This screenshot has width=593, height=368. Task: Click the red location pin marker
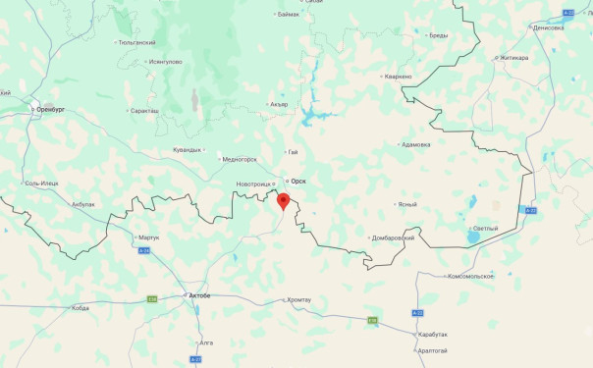coord(284,202)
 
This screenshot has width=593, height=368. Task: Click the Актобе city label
coord(197,294)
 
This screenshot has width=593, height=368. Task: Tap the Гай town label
coord(293,152)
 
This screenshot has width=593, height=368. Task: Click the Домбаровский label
coord(393,237)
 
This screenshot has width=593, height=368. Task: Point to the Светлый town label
coord(485,228)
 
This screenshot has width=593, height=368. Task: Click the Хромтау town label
coord(298,299)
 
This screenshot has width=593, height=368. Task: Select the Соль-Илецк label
coord(41,184)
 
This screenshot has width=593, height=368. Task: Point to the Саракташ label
coord(143,110)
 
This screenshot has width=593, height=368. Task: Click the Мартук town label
coord(148,237)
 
